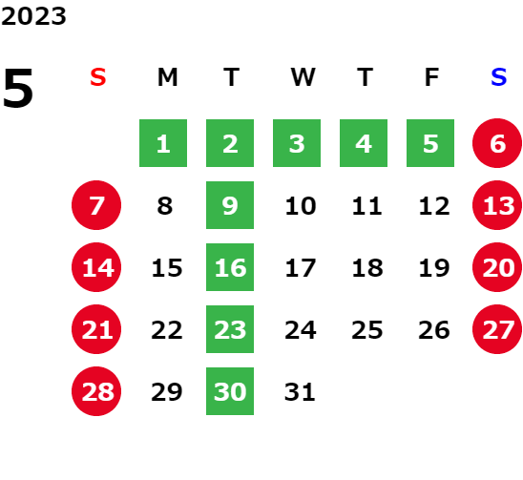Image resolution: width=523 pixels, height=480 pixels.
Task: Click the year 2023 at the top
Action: [x=33, y=16]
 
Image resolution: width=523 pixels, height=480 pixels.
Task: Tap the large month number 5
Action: [x=18, y=88]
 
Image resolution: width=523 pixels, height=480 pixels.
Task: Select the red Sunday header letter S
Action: [x=98, y=77]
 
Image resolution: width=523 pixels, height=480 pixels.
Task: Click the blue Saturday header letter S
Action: [x=498, y=77]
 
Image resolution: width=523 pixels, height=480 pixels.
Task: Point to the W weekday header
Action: [x=303, y=77]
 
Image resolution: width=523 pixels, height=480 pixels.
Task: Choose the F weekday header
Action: [x=432, y=77]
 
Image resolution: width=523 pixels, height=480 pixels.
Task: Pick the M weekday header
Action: [x=167, y=77]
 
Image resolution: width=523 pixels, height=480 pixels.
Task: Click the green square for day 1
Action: [x=163, y=143]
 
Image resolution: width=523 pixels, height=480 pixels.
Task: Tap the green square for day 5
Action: [x=430, y=143]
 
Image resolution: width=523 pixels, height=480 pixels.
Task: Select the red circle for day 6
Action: [x=497, y=143]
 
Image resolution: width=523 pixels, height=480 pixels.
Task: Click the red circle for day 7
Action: [x=96, y=205]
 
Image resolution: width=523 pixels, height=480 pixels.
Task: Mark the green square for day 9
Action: [x=230, y=205]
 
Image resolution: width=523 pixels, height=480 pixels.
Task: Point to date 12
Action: [x=434, y=206]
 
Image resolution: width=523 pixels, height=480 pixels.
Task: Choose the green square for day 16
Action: [x=230, y=267]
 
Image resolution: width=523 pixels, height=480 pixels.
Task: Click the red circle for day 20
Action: [x=497, y=267]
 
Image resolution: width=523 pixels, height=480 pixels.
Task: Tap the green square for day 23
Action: [x=230, y=329]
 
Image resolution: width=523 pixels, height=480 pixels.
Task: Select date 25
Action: [x=367, y=330]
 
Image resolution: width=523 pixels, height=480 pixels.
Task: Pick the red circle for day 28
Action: [x=96, y=391]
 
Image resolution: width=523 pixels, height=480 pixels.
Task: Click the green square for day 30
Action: [x=230, y=391]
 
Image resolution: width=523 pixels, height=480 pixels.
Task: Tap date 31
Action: [x=300, y=392]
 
